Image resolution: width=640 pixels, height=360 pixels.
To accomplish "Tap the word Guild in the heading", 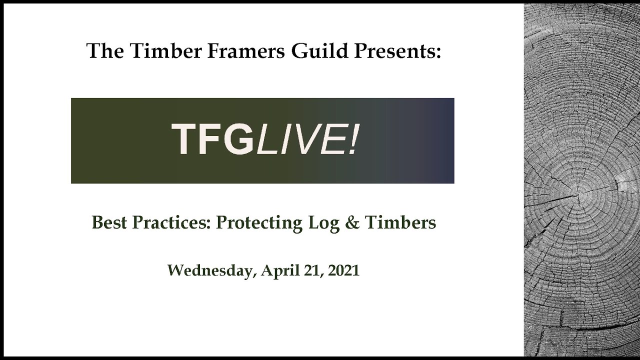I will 313,51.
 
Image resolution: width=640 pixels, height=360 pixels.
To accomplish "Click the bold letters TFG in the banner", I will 212,140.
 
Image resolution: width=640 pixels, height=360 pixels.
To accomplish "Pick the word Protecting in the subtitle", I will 258,222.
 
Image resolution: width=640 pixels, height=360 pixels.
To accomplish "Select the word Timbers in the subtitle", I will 400,222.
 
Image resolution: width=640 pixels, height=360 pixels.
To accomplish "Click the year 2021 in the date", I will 344,270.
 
